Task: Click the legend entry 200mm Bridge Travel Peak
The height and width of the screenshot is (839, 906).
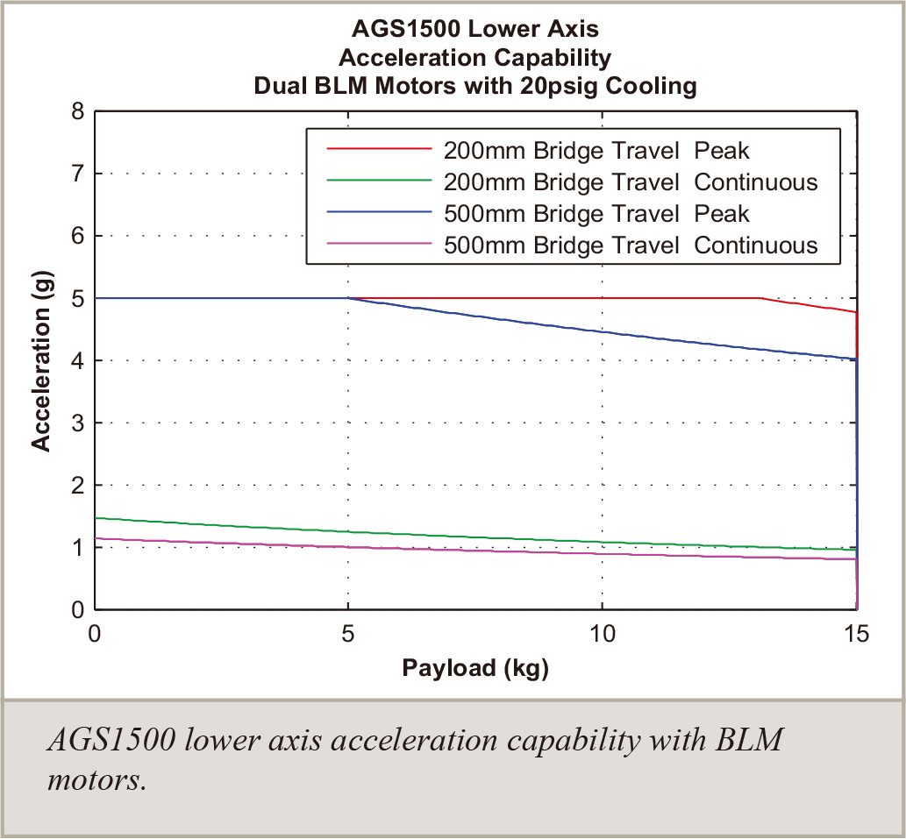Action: coord(596,151)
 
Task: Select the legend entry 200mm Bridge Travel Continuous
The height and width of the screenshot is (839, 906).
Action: coord(631,182)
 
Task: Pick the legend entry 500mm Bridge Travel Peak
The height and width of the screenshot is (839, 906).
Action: coord(596,214)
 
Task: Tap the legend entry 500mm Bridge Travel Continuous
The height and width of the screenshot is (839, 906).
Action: coord(631,245)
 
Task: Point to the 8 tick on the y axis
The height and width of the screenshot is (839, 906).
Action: coord(77,112)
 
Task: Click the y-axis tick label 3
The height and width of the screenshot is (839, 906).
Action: coord(77,423)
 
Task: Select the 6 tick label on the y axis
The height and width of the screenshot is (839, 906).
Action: coord(77,237)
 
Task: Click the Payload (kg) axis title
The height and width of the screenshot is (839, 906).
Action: coord(475,669)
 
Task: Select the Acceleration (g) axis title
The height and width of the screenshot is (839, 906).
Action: coord(41,360)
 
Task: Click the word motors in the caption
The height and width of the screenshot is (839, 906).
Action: coord(95,779)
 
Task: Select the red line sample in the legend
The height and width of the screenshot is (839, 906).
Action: coord(379,151)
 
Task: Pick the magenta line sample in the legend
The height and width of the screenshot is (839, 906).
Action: coord(379,245)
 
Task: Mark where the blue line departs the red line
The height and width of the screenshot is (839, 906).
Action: coord(349,298)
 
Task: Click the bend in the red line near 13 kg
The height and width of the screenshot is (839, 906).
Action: coord(760,298)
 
